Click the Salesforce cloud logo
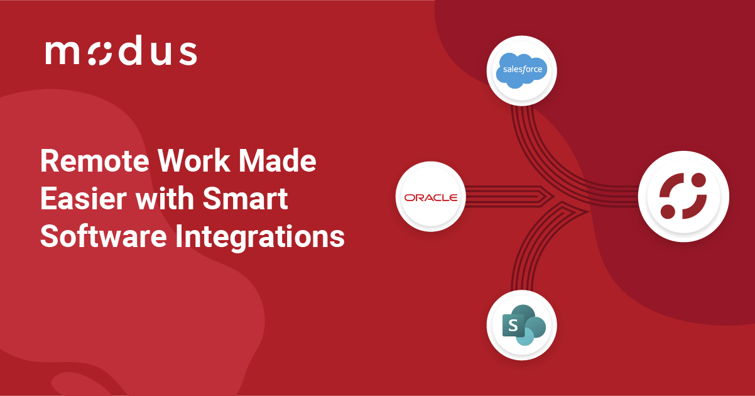click(x=522, y=70)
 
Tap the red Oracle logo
click(x=430, y=197)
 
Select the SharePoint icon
click(x=522, y=325)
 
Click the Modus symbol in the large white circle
click(x=683, y=197)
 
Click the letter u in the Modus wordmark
click(x=160, y=55)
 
